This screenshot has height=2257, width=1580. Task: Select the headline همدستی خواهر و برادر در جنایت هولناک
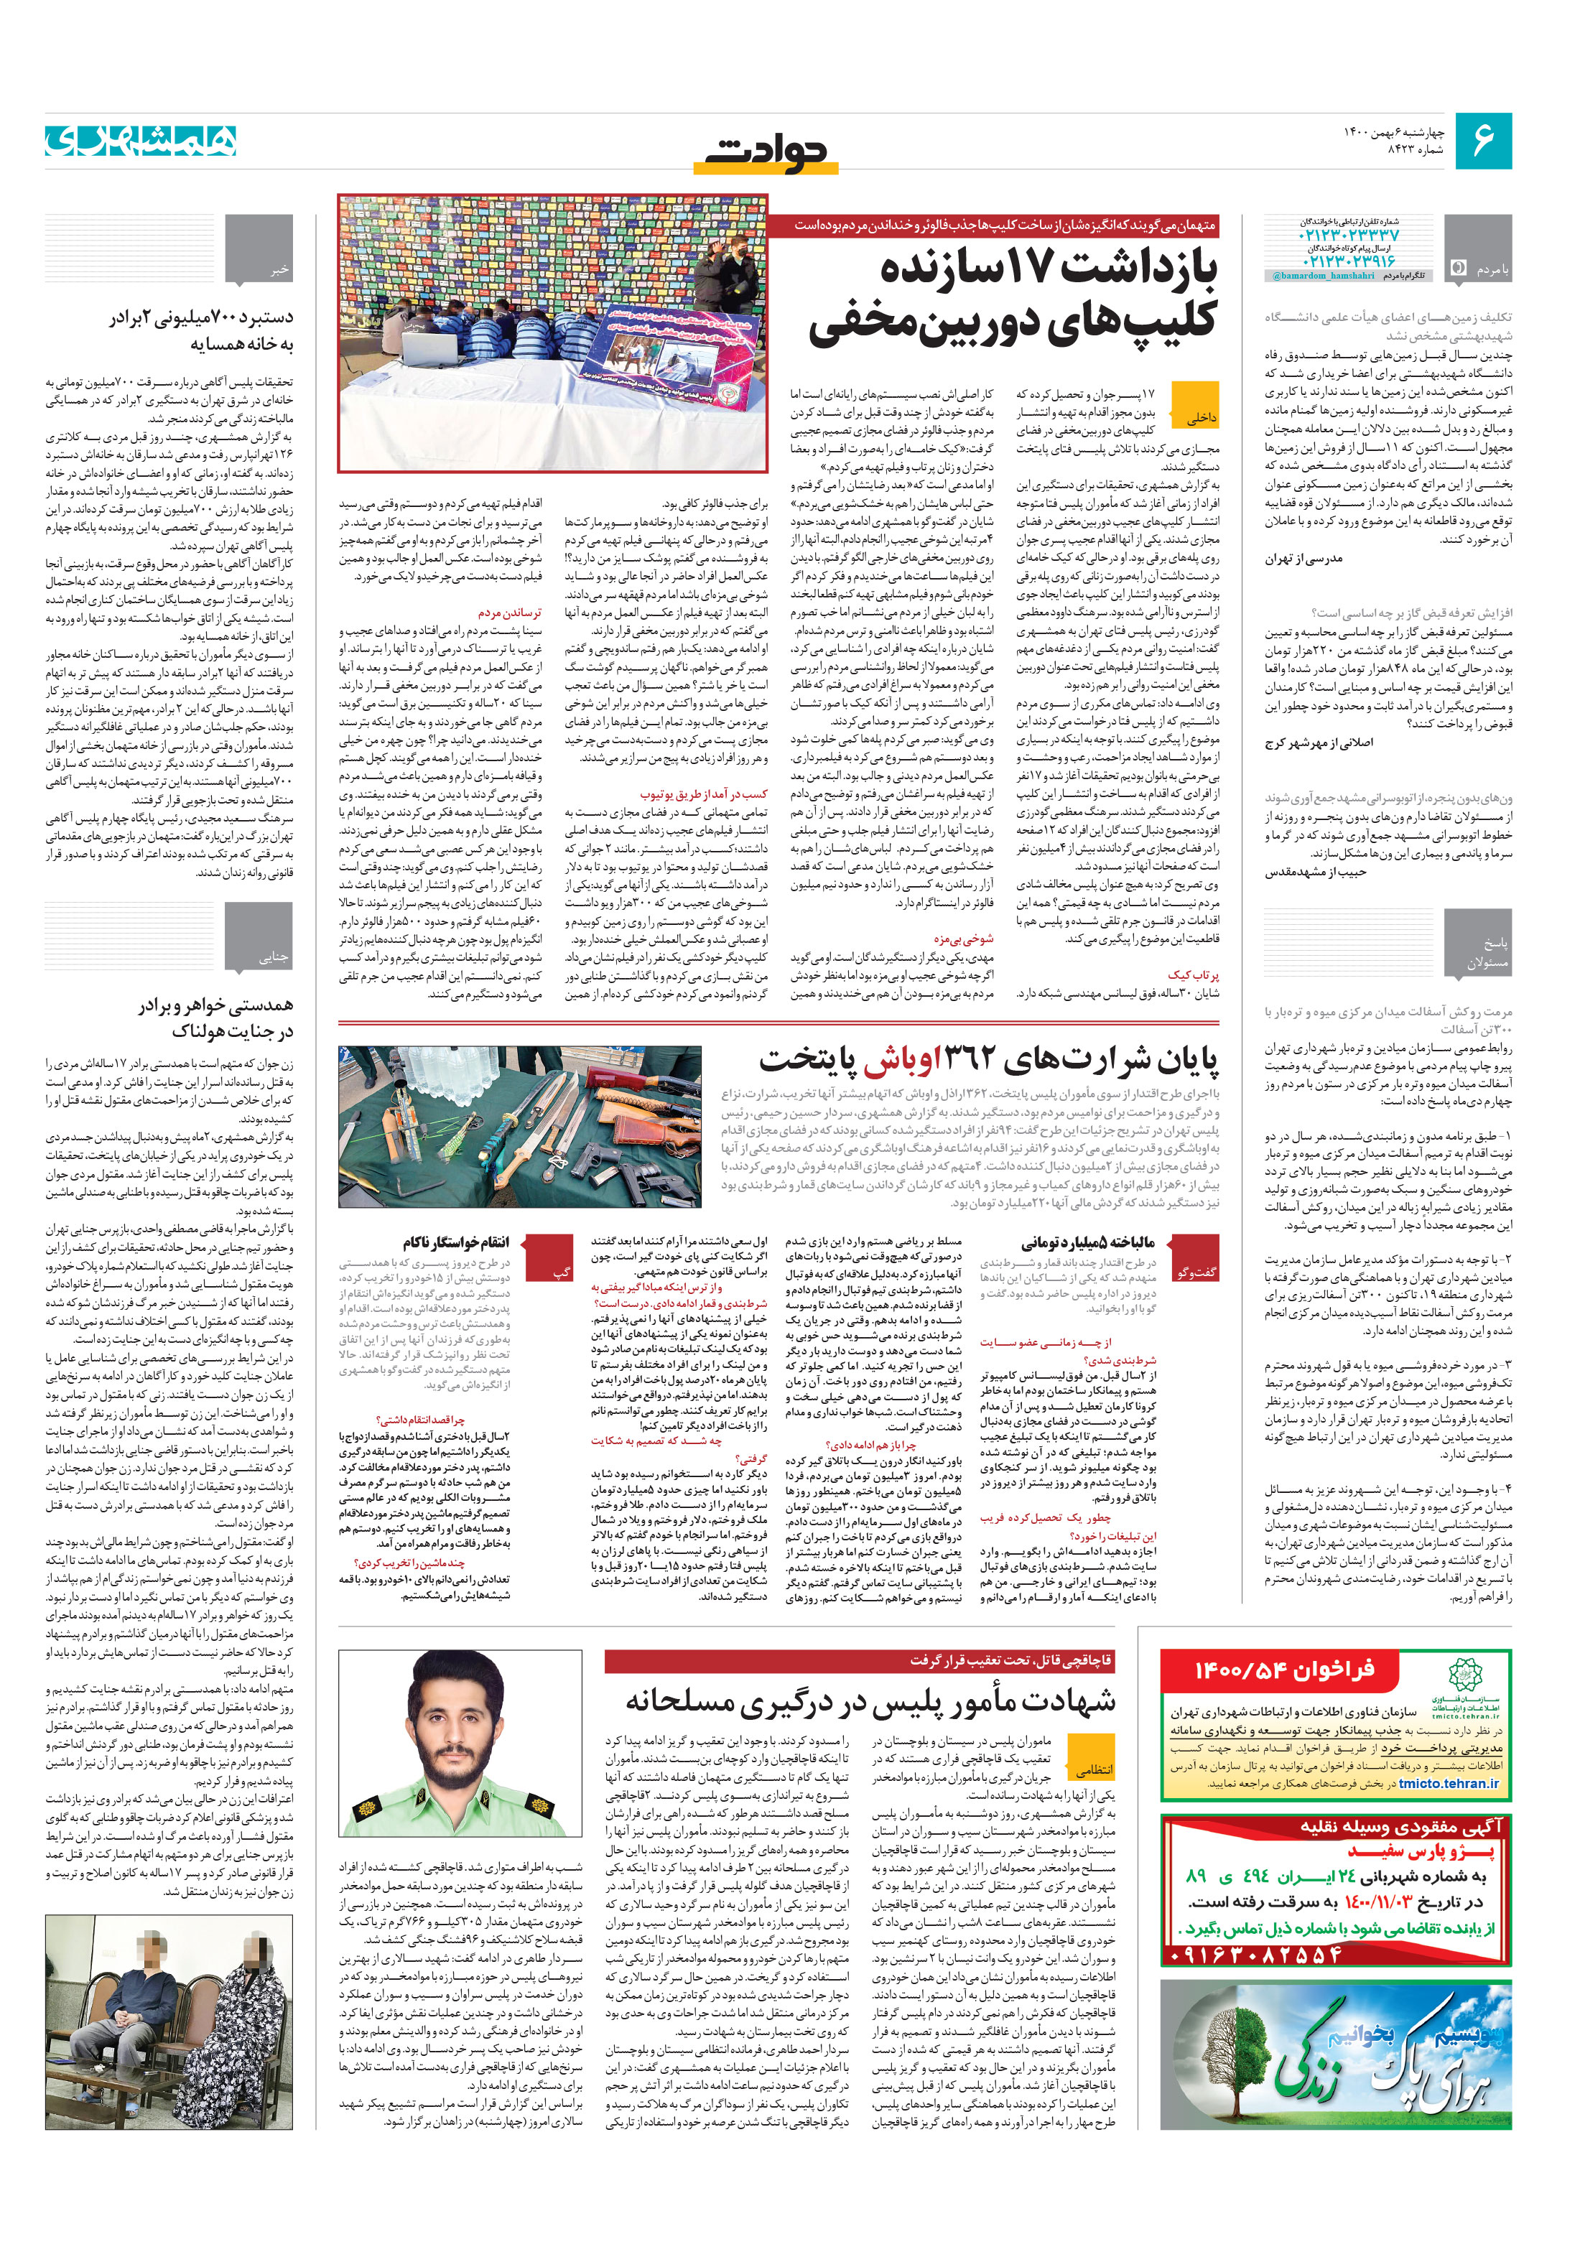pos(215,1018)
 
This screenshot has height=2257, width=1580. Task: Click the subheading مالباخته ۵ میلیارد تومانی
pos(1087,1242)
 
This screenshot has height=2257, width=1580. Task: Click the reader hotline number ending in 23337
pos(1348,236)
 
